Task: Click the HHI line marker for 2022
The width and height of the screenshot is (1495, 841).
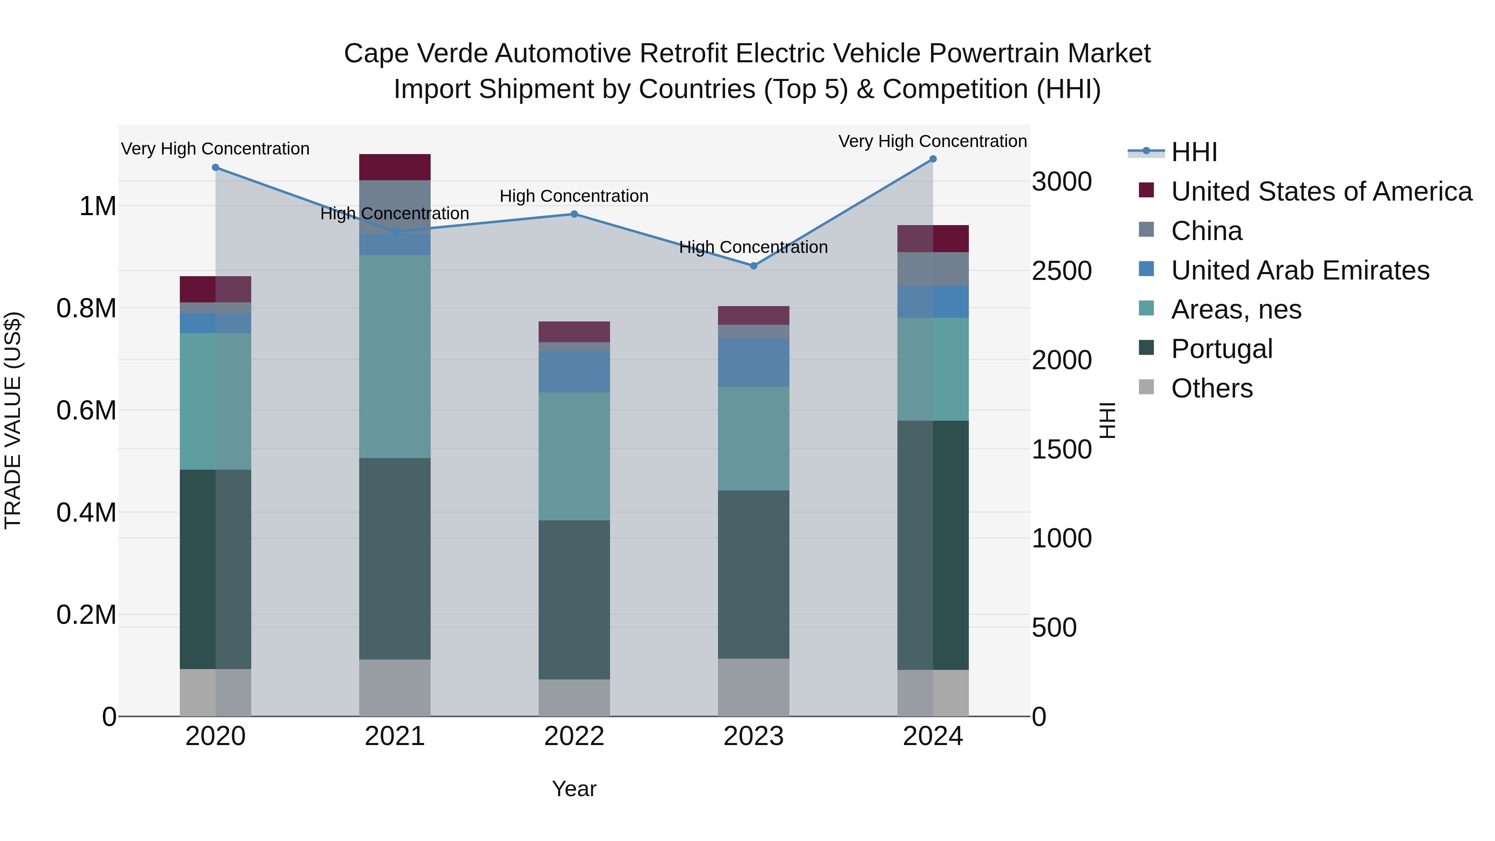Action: [x=574, y=214]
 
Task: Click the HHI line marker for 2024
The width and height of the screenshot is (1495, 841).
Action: [x=933, y=159]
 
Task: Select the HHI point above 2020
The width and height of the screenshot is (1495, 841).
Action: [x=215, y=168]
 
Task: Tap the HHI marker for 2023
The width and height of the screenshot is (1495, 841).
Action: [x=753, y=266]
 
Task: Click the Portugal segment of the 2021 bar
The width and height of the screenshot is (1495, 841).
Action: [x=395, y=558]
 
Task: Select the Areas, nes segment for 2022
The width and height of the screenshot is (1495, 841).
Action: [x=574, y=456]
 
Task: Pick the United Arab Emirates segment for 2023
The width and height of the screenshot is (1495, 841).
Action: [x=753, y=363]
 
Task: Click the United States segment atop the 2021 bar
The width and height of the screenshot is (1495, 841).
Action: [x=395, y=167]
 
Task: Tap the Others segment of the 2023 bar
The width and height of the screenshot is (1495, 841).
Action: [x=753, y=687]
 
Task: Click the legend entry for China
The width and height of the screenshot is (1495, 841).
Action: [x=1206, y=231]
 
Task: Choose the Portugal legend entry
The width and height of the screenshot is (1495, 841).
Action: [x=1221, y=349]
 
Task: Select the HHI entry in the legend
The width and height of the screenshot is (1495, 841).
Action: [x=1193, y=152]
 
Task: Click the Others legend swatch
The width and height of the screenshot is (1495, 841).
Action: [x=1146, y=387]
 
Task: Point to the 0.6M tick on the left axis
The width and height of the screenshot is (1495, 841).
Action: [x=86, y=410]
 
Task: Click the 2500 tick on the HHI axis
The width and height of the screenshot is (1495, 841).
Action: [x=1061, y=271]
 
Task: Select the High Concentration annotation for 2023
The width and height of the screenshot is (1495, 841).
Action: [x=753, y=247]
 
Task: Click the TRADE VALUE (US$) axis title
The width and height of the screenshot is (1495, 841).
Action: [x=13, y=420]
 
